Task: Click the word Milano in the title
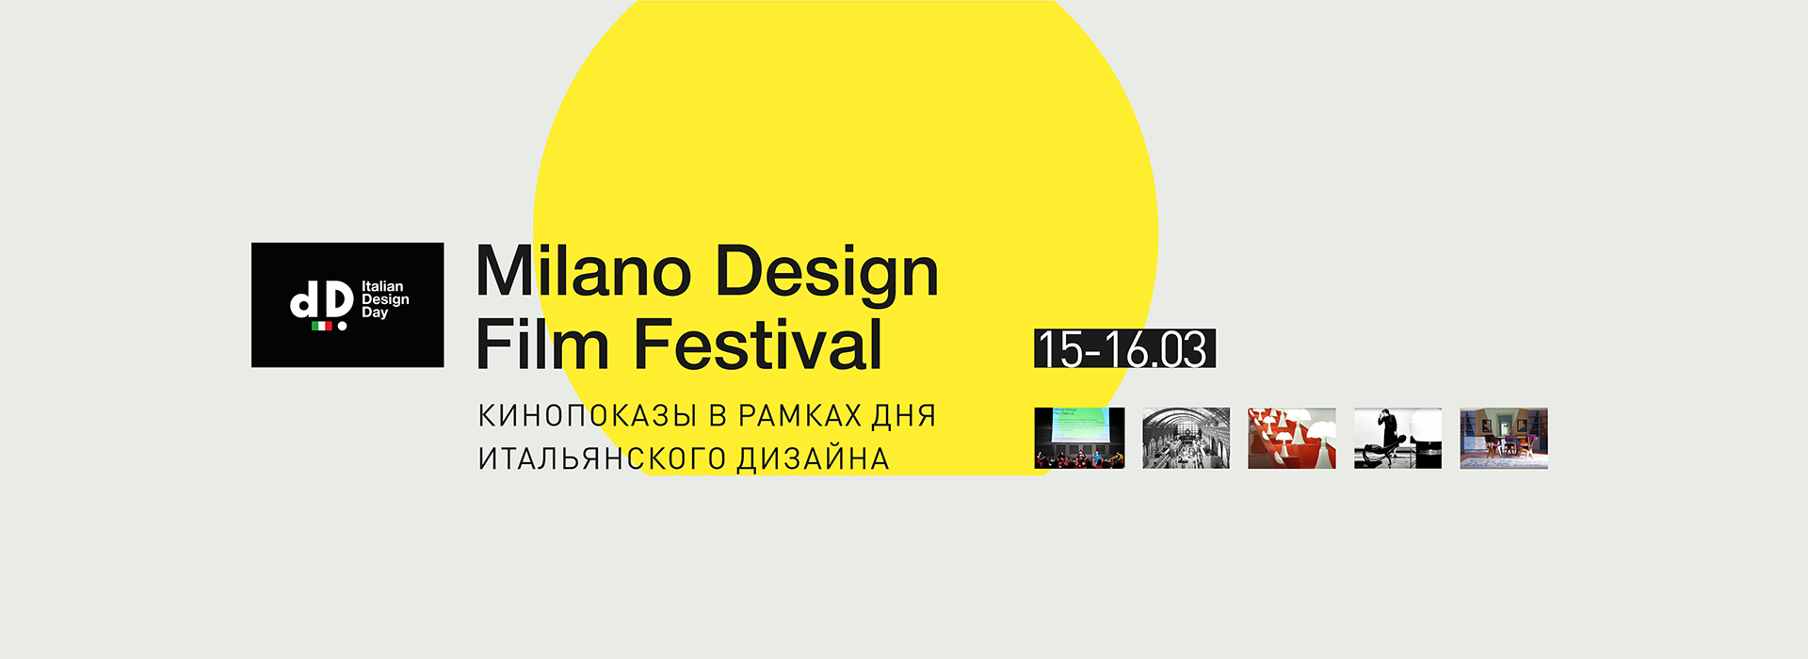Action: pos(584,271)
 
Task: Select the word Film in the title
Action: pos(543,344)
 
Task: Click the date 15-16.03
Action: pos(1124,348)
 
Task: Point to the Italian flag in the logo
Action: pos(322,326)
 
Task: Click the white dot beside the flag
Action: pos(342,326)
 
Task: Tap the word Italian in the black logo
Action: pos(382,286)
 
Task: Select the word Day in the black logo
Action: pos(375,313)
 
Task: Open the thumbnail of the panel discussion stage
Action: pos(1079,438)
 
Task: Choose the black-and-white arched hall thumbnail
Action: pos(1186,438)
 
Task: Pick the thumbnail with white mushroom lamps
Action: pos(1292,438)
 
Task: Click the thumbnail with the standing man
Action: pos(1397,438)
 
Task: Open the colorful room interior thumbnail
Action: pos(1504,438)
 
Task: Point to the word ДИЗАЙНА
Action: pos(813,458)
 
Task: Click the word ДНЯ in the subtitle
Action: pos(904,415)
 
